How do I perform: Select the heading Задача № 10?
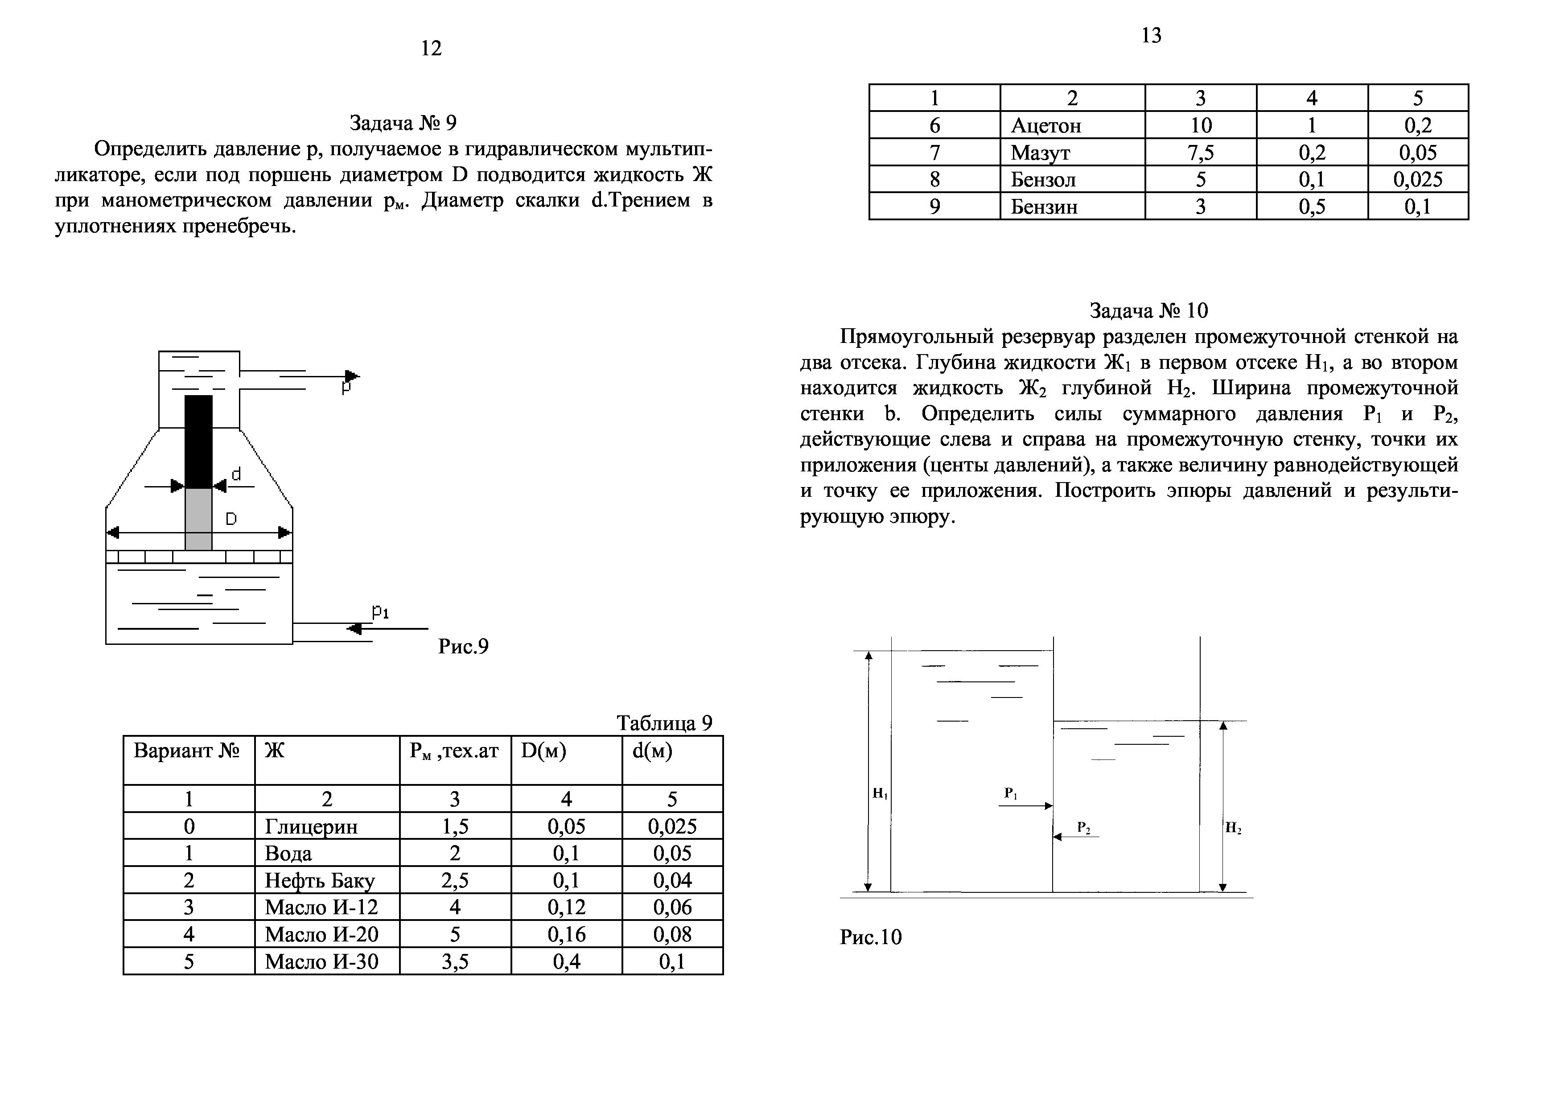click(1148, 311)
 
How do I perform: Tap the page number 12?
click(431, 48)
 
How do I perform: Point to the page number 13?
click(1151, 35)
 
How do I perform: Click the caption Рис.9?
click(463, 646)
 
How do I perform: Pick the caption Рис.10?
click(871, 937)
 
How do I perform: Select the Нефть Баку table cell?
click(320, 880)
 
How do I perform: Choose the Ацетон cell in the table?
click(1045, 125)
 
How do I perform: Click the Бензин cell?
click(1044, 206)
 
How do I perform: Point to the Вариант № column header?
click(187, 751)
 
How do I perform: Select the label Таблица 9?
click(664, 722)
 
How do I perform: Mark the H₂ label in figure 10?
click(1233, 829)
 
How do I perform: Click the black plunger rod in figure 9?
click(198, 441)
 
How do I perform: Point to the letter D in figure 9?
click(231, 519)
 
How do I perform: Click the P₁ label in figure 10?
click(1010, 793)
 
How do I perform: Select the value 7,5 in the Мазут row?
click(1200, 153)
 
